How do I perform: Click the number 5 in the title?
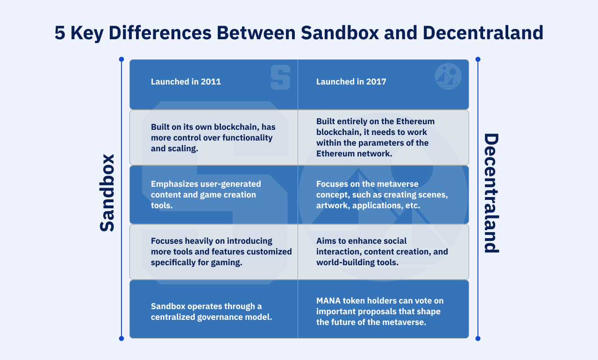(x=60, y=33)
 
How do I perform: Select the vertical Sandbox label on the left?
(x=107, y=192)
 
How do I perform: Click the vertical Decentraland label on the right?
(x=491, y=193)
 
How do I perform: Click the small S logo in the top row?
(x=280, y=77)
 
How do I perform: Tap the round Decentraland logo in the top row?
(x=448, y=76)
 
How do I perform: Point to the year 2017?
(x=377, y=82)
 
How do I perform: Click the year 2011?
(x=211, y=82)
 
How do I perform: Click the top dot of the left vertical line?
(x=121, y=59)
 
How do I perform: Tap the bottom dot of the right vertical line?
(x=477, y=339)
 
